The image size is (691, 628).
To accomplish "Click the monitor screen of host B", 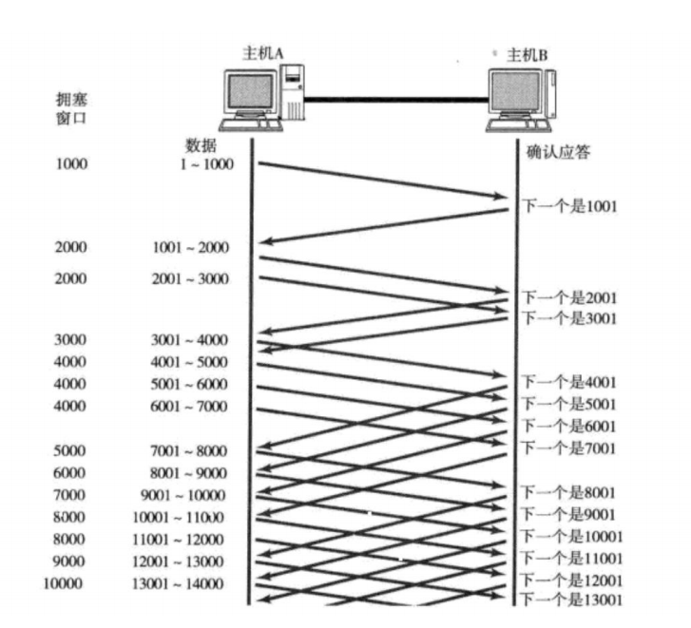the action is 514,94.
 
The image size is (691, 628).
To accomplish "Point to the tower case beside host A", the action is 294,93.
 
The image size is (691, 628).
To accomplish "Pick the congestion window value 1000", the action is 71,164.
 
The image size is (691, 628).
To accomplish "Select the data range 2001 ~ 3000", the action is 189,279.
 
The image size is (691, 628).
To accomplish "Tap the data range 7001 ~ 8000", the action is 189,450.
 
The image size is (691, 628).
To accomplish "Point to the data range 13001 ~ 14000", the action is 182,583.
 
